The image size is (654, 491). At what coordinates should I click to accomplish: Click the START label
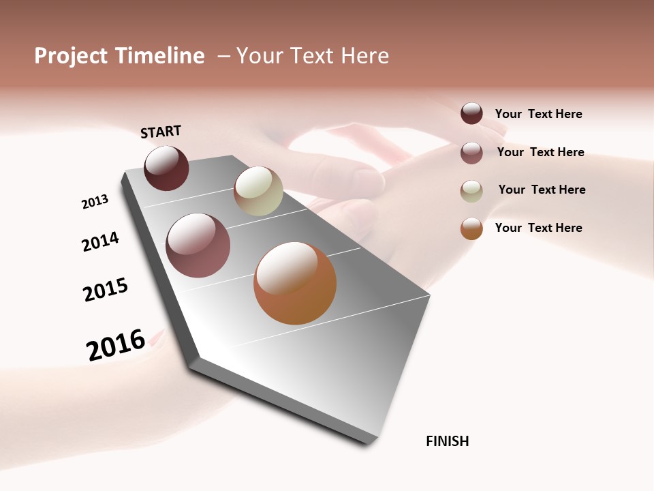[161, 132]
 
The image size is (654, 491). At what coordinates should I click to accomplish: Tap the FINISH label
[447, 441]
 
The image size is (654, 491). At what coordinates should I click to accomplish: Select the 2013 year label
[95, 202]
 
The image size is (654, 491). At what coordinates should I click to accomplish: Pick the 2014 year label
[100, 241]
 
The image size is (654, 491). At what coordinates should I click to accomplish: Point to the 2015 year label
[106, 290]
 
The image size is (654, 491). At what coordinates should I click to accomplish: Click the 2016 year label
[116, 344]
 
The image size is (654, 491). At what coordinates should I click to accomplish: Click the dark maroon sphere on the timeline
[166, 168]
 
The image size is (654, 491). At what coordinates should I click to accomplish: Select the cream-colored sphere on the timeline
[258, 191]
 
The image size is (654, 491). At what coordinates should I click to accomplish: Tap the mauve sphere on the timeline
[198, 245]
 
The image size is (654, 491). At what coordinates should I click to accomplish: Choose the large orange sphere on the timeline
[295, 283]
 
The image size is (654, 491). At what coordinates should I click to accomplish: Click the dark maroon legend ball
[471, 114]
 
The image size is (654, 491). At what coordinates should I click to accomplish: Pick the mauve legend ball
[471, 153]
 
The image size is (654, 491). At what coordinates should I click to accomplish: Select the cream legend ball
[471, 191]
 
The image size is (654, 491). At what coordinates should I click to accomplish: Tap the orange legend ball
[471, 228]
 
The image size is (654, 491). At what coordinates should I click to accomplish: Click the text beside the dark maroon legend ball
[538, 115]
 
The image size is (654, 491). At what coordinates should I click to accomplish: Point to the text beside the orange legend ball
[538, 228]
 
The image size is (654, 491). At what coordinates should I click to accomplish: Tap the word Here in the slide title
[364, 56]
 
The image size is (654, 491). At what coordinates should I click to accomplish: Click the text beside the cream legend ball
[542, 190]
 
